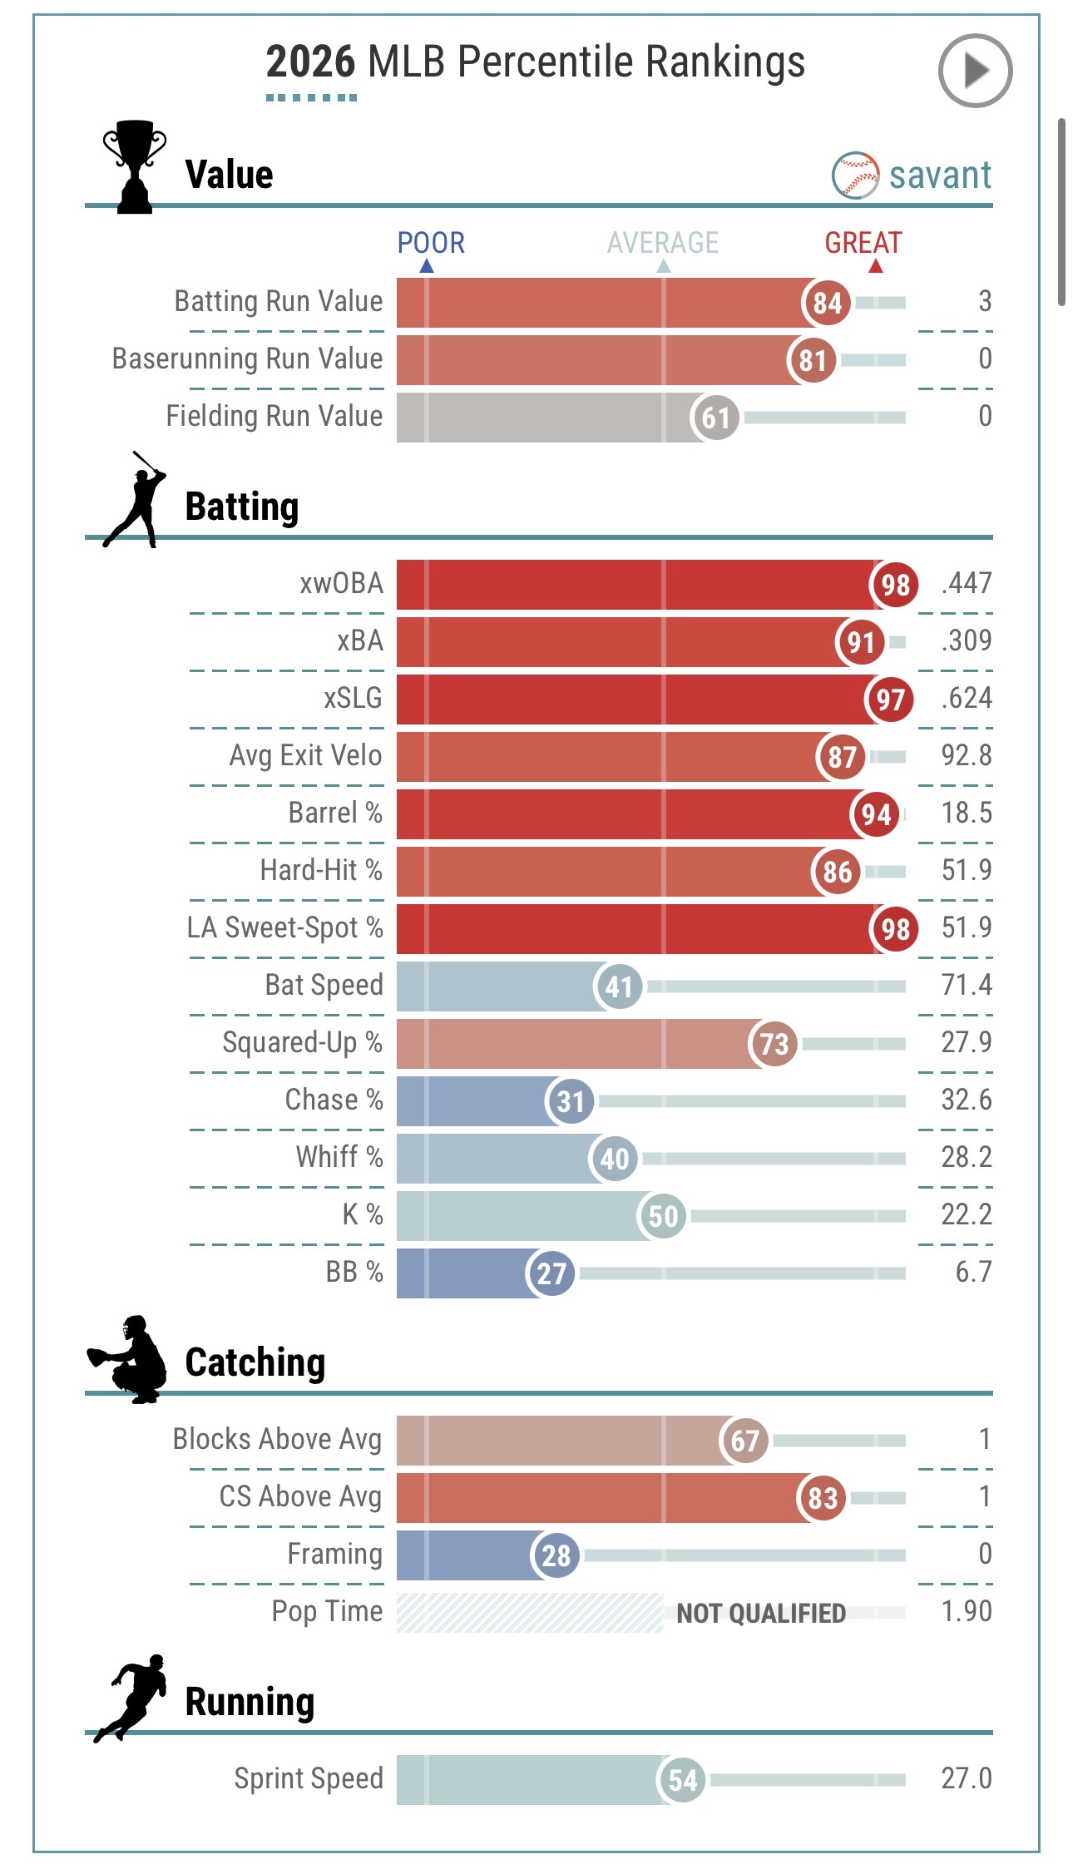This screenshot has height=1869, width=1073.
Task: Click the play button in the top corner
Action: (975, 71)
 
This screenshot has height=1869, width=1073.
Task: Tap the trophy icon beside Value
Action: (134, 167)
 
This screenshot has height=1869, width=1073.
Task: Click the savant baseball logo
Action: (855, 176)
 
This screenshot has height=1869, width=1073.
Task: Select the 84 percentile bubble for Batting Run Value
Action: (827, 303)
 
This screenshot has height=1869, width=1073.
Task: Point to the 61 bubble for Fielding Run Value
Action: (715, 418)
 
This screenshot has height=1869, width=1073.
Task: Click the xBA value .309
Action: (966, 640)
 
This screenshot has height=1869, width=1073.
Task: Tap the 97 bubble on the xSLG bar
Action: (889, 700)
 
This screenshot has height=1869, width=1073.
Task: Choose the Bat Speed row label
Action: (324, 985)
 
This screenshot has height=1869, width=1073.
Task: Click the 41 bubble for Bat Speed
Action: (619, 986)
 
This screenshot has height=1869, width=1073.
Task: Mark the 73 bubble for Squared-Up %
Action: (774, 1044)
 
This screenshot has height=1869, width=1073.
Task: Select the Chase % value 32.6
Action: (966, 1100)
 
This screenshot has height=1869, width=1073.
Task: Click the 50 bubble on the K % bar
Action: (663, 1216)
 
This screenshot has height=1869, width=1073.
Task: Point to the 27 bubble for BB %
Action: (551, 1273)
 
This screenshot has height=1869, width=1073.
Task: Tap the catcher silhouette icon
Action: (128, 1360)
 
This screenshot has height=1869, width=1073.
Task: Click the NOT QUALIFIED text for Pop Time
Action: (760, 1614)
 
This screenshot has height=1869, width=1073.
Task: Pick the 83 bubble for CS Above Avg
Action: (823, 1498)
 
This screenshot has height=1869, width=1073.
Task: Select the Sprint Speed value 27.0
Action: (966, 1778)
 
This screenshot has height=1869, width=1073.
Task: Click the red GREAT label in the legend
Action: (863, 243)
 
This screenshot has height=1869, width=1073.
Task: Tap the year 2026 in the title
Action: (310, 62)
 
